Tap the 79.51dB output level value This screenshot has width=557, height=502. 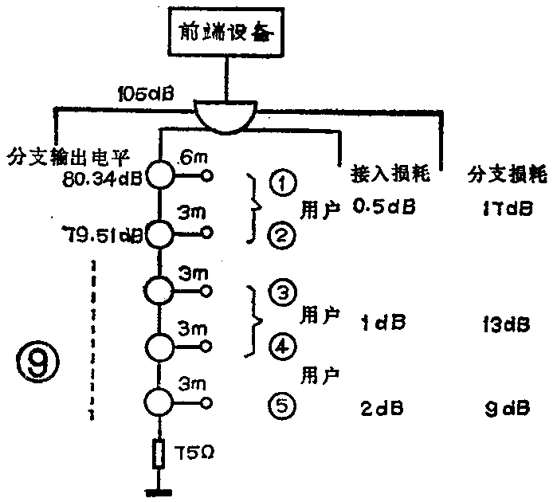(x=102, y=235)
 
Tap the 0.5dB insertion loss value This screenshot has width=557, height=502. (x=382, y=209)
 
